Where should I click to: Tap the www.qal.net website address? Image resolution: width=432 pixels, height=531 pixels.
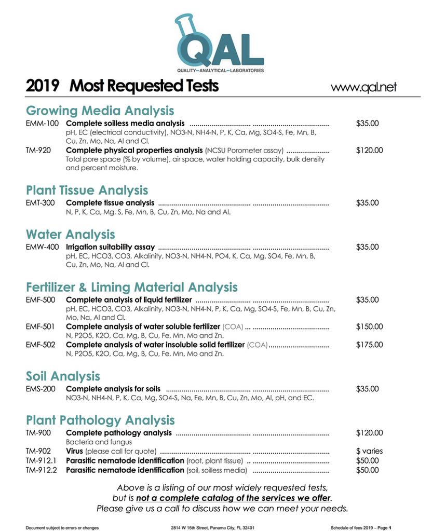363,87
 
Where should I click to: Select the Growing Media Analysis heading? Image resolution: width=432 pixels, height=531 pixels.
100,111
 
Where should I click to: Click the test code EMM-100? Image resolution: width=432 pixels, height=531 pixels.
43,124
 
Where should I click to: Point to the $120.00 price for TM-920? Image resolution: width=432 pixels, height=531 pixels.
370,151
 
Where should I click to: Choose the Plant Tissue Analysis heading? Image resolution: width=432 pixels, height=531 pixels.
87,190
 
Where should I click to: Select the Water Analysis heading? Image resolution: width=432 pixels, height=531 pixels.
71,234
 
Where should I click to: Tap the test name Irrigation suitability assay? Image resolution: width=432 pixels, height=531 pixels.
110,247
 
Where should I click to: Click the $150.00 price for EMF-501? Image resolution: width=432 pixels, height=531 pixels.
370,326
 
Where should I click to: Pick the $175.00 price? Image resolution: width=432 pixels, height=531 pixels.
370,345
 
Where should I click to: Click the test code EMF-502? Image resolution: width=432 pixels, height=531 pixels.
42,345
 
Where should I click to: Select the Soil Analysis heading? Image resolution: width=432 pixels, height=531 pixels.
63,376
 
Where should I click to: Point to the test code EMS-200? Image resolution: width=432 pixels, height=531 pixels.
42,389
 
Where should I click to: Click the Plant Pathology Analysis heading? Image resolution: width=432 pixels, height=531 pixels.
100,420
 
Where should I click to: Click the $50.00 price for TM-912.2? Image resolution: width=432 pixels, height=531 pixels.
368,470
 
